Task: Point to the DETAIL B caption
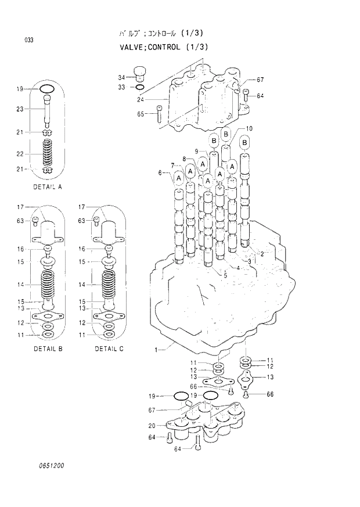point(48,349)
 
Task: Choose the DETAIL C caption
point(109,349)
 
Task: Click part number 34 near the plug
point(121,77)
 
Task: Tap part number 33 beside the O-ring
point(121,87)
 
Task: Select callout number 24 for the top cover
point(140,100)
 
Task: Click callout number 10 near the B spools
point(249,128)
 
